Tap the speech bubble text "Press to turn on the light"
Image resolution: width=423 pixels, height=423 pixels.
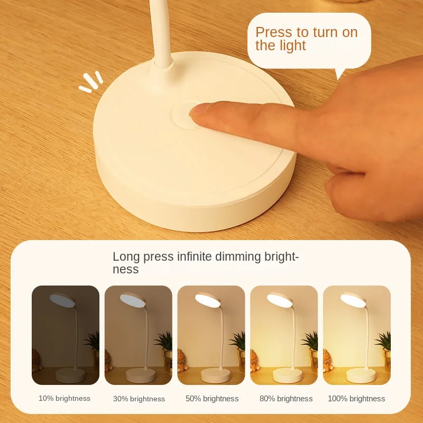pyautogui.click(x=306, y=39)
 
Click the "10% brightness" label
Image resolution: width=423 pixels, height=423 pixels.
pyautogui.click(x=65, y=398)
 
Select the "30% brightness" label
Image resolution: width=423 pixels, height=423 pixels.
pyautogui.click(x=139, y=399)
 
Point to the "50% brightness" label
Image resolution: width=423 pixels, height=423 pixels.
pyautogui.click(x=212, y=399)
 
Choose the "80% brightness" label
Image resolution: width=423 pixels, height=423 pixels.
pyautogui.click(x=286, y=399)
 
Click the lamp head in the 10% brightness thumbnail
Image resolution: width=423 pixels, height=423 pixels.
pyautogui.click(x=62, y=300)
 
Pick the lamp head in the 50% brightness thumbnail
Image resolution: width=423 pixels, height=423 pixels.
pyautogui.click(x=207, y=299)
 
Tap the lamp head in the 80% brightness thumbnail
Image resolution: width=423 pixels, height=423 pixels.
pyautogui.click(x=280, y=300)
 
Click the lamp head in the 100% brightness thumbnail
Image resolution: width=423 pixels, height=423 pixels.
pyautogui.click(x=353, y=300)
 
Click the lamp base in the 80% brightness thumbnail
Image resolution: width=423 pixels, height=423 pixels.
pyautogui.click(x=287, y=375)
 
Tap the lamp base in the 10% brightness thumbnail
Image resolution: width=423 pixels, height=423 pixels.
pyautogui.click(x=70, y=375)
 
